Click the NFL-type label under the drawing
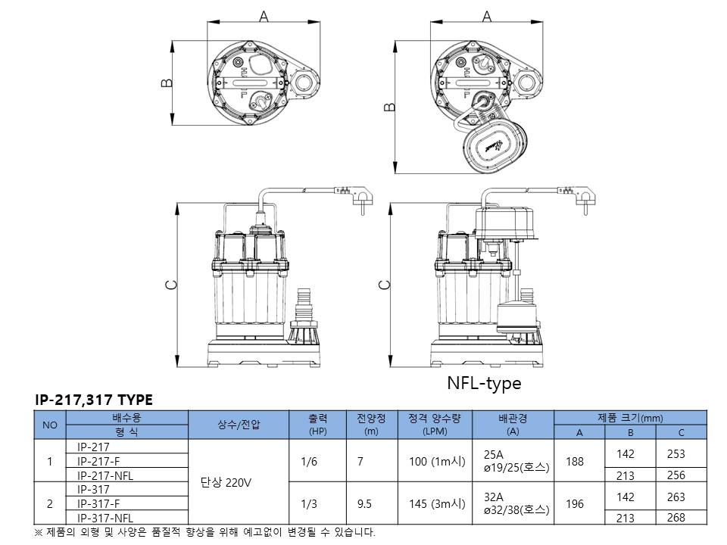[484, 383]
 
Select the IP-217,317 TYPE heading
[94, 400]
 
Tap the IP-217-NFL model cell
[105, 475]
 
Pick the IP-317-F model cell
[98, 504]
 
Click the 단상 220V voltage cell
[226, 483]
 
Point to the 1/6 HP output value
[309, 462]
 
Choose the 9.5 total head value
[364, 504]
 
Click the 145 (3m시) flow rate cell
[437, 504]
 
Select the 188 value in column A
[575, 462]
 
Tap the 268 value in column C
[676, 517]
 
